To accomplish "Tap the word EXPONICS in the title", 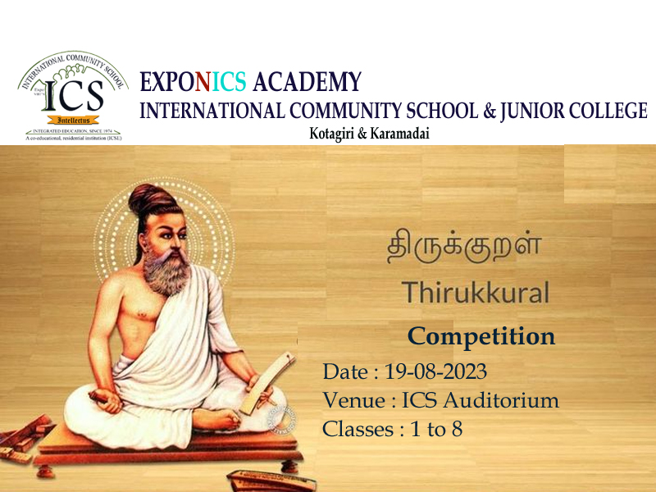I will coord(194,83).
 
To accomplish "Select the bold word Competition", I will coord(481,336).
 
